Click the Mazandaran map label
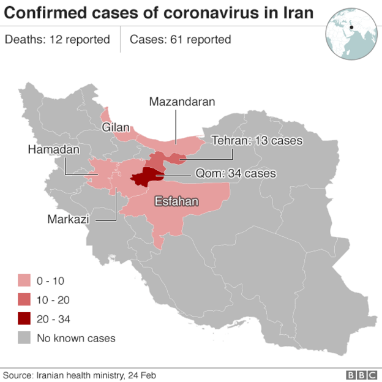182,102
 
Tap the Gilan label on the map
116,127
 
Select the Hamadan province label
54,149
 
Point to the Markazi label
67,219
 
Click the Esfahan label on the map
176,201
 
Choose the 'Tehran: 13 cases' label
257,140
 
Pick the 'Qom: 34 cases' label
236,173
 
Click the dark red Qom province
147,177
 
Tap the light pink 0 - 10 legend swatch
24,281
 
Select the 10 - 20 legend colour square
24,300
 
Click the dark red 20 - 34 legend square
24,318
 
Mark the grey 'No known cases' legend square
24,337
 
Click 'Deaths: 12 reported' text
58,40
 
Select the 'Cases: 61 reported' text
180,40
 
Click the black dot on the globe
352,27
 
